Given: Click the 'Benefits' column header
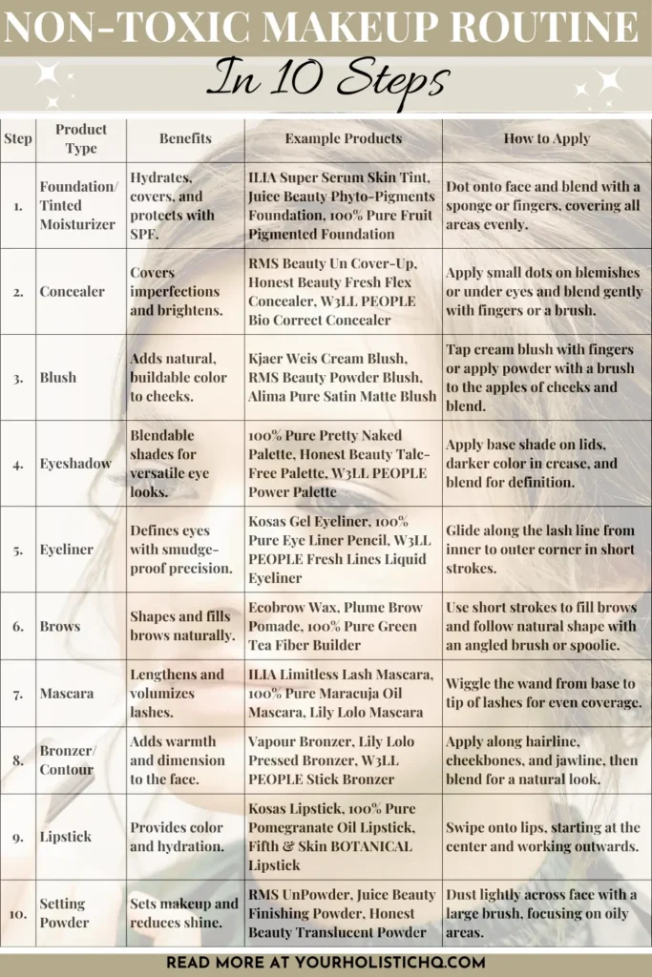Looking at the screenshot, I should point(185,138).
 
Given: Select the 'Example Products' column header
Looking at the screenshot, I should point(343,138).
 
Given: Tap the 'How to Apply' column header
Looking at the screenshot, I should point(546,138).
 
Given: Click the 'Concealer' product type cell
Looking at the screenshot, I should point(73,291).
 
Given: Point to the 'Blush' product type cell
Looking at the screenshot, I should point(57,377).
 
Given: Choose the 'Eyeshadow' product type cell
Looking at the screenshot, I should point(76,463).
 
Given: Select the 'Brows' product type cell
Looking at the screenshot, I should point(60,626).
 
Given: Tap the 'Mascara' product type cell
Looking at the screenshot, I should point(66,693).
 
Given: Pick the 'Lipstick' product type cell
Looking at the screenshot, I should point(66,837).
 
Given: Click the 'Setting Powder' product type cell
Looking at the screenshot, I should point(62,912).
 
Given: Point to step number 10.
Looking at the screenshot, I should point(18,913).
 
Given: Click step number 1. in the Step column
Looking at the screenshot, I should point(18,205).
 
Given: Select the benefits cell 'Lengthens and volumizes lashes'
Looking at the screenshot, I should point(177,693).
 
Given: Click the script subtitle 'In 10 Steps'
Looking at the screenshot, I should point(326,80).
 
